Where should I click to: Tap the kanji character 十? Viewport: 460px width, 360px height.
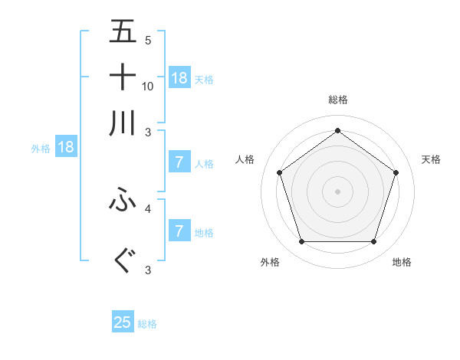point(123,77)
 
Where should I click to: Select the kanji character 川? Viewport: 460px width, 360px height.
point(123,123)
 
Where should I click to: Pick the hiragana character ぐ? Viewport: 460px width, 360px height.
point(123,261)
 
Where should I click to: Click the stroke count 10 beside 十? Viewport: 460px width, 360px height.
point(148,86)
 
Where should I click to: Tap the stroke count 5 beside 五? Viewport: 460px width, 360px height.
point(148,40)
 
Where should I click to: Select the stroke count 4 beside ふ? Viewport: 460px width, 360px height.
point(148,208)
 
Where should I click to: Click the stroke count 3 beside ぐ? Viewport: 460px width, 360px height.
point(148,270)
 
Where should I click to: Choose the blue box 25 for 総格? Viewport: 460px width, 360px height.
point(123,322)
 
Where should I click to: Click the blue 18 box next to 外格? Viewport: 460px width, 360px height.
point(65,147)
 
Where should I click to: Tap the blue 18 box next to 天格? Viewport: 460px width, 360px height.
point(179,77)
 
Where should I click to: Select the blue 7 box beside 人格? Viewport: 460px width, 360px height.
point(179,162)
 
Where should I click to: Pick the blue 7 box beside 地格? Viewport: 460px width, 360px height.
point(179,231)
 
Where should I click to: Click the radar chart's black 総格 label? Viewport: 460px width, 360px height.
point(338,100)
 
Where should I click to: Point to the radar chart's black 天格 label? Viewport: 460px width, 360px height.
point(431,159)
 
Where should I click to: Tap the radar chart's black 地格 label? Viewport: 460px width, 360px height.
point(402,262)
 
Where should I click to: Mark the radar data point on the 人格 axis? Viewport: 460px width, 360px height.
point(280,172)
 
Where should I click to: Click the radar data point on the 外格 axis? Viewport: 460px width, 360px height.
point(301,242)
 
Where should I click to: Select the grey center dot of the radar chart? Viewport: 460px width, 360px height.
point(338,191)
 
